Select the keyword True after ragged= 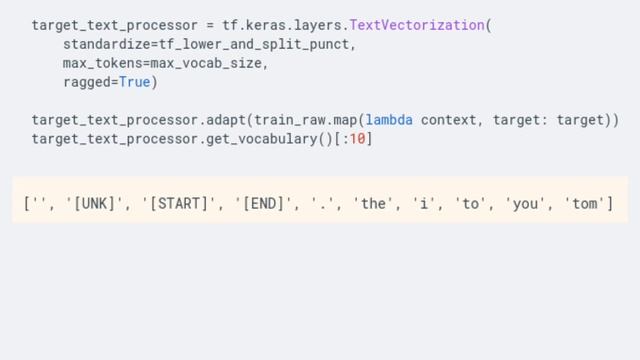click(x=134, y=82)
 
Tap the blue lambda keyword click(x=390, y=120)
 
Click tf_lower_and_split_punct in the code click(x=257, y=44)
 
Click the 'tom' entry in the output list click(x=585, y=203)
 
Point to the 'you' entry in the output click(x=524, y=203)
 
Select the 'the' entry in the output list click(x=374, y=203)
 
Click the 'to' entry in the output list click(x=471, y=203)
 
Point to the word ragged click(x=86, y=82)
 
